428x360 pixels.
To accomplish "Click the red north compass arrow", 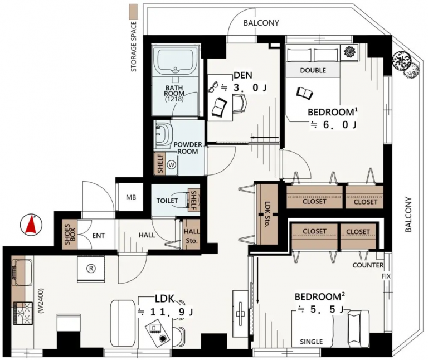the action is [x=31, y=225].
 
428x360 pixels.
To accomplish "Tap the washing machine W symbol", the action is [x=172, y=165].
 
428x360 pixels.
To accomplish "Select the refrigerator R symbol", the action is [x=91, y=269].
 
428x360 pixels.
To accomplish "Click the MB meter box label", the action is [x=131, y=197].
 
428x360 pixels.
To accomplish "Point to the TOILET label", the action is [x=167, y=201].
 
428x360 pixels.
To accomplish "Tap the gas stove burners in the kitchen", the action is [x=22, y=313].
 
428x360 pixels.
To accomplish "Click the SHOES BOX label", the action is [x=70, y=235].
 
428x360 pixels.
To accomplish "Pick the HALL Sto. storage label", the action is [x=192, y=236].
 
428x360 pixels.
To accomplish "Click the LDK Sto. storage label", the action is [x=267, y=215].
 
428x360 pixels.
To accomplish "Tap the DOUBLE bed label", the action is [x=313, y=70].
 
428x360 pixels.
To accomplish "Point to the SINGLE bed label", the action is [x=312, y=342].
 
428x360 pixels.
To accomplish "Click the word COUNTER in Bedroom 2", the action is [x=368, y=265].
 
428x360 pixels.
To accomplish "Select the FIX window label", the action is [x=386, y=276].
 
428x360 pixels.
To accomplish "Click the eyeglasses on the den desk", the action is [x=213, y=87].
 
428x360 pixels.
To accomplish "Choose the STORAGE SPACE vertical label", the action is [x=134, y=47].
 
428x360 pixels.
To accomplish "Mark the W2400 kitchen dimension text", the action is [x=41, y=301].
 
